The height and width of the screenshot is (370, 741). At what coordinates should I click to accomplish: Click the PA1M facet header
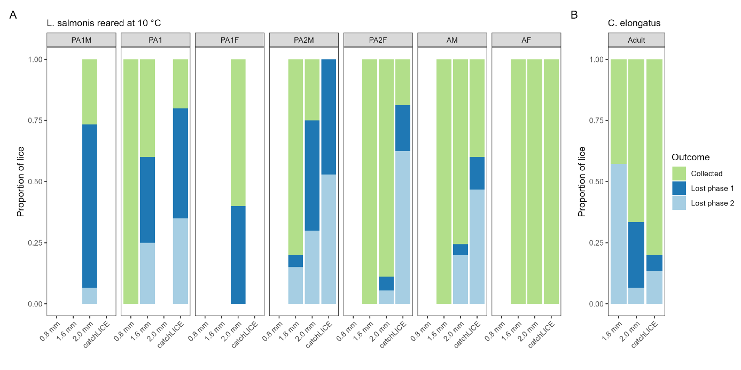pyautogui.click(x=81, y=40)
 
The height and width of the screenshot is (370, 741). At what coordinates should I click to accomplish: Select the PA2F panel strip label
pyautogui.click(x=378, y=40)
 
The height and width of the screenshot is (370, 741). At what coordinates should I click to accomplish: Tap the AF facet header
pyautogui.click(x=526, y=40)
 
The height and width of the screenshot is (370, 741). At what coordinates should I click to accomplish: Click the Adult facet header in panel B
pyautogui.click(x=636, y=40)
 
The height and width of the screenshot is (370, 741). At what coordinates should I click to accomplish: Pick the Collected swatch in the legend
pyautogui.click(x=679, y=174)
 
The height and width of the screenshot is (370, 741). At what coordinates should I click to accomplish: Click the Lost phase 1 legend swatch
pyautogui.click(x=679, y=188)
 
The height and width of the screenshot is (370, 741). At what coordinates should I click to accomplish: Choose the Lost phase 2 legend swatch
pyautogui.click(x=679, y=203)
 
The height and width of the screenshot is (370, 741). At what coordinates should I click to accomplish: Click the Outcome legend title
pyautogui.click(x=690, y=158)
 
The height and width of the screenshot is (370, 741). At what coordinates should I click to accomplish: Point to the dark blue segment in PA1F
pyautogui.click(x=238, y=255)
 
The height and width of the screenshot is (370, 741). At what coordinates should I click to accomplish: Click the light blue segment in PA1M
pyautogui.click(x=90, y=295)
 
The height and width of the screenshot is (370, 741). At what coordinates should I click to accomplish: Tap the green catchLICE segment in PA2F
pyautogui.click(x=403, y=82)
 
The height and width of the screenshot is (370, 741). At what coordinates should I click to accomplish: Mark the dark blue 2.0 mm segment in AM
pyautogui.click(x=461, y=249)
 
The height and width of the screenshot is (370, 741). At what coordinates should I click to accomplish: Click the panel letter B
pyautogui.click(x=574, y=15)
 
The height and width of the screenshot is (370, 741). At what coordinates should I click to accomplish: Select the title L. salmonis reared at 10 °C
pyautogui.click(x=104, y=23)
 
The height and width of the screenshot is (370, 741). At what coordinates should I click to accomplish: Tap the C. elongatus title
pyautogui.click(x=634, y=23)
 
